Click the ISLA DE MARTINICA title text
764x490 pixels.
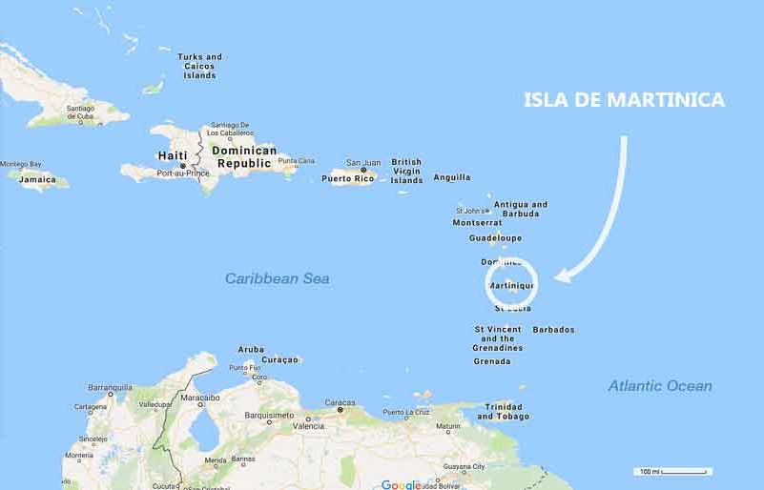click(x=625, y=100)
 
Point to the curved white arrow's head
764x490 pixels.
click(x=562, y=277)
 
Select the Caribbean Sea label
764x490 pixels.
click(x=277, y=278)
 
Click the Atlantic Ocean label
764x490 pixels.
click(x=660, y=386)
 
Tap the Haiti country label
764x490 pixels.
click(x=172, y=155)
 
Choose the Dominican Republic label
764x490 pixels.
click(x=244, y=156)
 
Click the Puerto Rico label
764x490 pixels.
click(x=346, y=178)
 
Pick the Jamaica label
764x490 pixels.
click(x=37, y=179)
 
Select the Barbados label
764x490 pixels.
click(x=553, y=330)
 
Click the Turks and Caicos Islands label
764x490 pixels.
click(x=199, y=66)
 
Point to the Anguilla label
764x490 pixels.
click(x=451, y=177)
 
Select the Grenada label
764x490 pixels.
click(x=492, y=361)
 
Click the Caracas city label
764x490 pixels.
click(x=339, y=403)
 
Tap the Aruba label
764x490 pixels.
click(x=251, y=350)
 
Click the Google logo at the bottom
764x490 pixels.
click(x=401, y=484)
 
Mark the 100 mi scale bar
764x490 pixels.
click(x=673, y=472)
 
